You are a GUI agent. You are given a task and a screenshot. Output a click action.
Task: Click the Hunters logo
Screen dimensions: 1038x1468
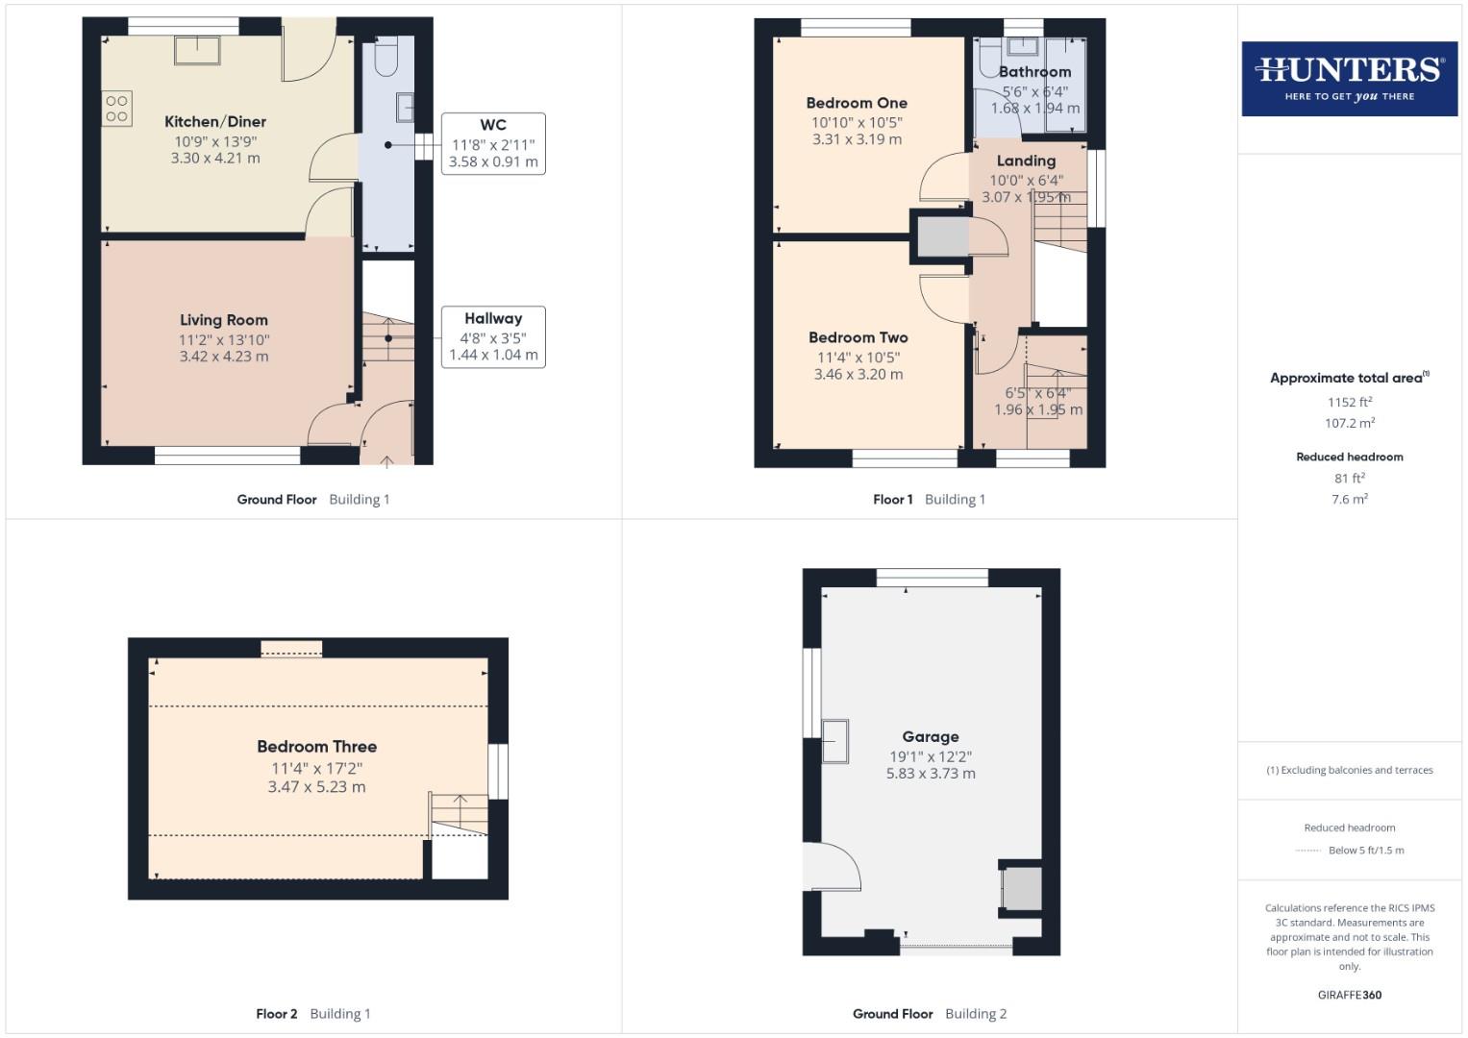pyautogui.click(x=1349, y=78)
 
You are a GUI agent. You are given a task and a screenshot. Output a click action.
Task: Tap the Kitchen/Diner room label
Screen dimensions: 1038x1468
pyautogui.click(x=215, y=122)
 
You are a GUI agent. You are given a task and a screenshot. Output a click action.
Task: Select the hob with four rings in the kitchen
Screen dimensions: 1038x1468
pyautogui.click(x=117, y=109)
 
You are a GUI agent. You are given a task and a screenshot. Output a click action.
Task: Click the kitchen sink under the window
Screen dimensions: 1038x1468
pyautogui.click(x=197, y=50)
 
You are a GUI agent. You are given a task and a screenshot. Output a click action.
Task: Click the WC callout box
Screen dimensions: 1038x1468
pyautogui.click(x=493, y=143)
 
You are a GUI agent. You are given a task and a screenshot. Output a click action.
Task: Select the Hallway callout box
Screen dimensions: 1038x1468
pyautogui.click(x=493, y=336)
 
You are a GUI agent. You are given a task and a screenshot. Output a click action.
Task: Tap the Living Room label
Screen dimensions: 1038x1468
pyautogui.click(x=224, y=320)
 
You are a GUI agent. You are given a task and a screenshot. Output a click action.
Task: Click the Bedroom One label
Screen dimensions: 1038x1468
pyautogui.click(x=857, y=103)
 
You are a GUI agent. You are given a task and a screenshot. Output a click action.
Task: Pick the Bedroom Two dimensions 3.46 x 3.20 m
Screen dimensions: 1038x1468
pyautogui.click(x=858, y=375)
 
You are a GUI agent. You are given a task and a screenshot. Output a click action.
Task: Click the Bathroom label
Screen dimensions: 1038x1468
pyautogui.click(x=1034, y=72)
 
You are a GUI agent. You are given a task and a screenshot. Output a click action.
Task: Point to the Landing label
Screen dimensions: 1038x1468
pyautogui.click(x=1026, y=161)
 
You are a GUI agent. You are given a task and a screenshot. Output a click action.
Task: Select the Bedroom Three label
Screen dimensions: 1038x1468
pyautogui.click(x=316, y=747)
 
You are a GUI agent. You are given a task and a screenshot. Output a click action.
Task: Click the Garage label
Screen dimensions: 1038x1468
pyautogui.click(x=930, y=737)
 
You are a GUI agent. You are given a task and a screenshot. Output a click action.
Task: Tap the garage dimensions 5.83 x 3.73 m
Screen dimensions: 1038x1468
pyautogui.click(x=930, y=774)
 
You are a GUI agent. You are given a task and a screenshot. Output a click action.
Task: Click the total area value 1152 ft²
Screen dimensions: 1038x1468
pyautogui.click(x=1350, y=403)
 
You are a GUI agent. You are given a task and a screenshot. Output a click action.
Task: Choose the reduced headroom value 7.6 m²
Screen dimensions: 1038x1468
pyautogui.click(x=1350, y=500)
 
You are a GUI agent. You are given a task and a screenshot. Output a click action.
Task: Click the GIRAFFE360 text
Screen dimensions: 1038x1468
pyautogui.click(x=1349, y=995)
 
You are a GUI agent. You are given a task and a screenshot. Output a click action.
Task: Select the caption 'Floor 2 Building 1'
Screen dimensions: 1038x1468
pyautogui.click(x=312, y=1013)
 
